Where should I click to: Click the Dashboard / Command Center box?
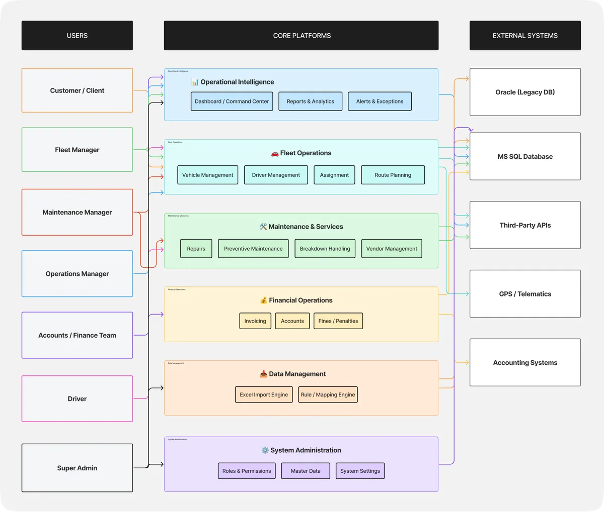pyautogui.click(x=232, y=101)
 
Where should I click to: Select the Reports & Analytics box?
pyautogui.click(x=310, y=101)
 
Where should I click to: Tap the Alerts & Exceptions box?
pyautogui.click(x=380, y=101)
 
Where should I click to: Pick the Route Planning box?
pyautogui.click(x=393, y=175)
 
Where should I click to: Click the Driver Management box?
pyautogui.click(x=276, y=175)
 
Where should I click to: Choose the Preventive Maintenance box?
pyautogui.click(x=253, y=248)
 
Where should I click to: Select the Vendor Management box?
pyautogui.click(x=392, y=248)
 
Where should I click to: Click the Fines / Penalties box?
pyautogui.click(x=338, y=321)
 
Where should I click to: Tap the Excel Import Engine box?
pyautogui.click(x=264, y=394)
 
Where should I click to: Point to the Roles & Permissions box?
pyautogui.click(x=247, y=471)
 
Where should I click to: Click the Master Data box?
pyautogui.click(x=306, y=471)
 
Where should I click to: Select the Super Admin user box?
pyautogui.click(x=77, y=468)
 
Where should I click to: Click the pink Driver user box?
pyautogui.click(x=77, y=398)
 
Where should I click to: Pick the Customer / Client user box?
pyautogui.click(x=77, y=90)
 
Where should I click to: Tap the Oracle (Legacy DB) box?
pyautogui.click(x=525, y=92)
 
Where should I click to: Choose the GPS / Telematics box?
pyautogui.click(x=525, y=294)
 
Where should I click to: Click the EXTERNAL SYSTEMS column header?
pyautogui.click(x=525, y=36)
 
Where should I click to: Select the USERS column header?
pyautogui.click(x=77, y=36)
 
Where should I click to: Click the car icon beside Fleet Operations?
pyautogui.click(x=275, y=153)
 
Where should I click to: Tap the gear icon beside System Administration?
pyautogui.click(x=265, y=450)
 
